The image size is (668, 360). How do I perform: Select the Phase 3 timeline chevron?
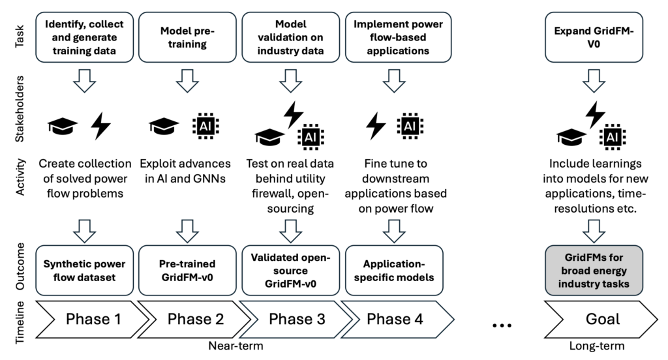[290, 319]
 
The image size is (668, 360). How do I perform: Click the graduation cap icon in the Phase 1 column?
[63, 126]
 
